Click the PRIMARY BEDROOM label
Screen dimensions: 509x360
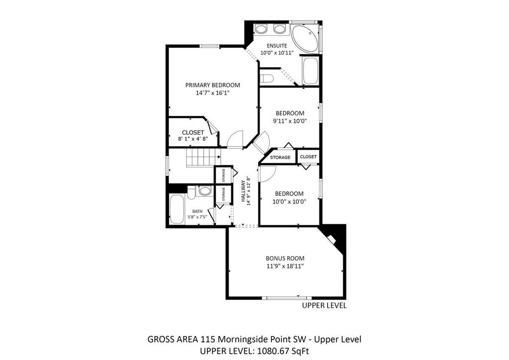(x=213, y=85)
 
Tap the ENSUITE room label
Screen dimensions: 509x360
(x=277, y=46)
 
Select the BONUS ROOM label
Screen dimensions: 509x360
(x=285, y=259)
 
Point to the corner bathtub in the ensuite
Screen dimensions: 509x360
(x=305, y=38)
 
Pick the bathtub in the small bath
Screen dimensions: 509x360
(x=176, y=209)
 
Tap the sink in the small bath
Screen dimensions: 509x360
(x=205, y=190)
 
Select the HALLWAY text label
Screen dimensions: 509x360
(x=243, y=191)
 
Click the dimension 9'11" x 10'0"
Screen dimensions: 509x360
(x=290, y=121)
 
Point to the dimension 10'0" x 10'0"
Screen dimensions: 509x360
(x=289, y=201)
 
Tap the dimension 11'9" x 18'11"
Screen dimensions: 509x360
(x=285, y=266)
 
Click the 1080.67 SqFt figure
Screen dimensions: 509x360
(x=282, y=351)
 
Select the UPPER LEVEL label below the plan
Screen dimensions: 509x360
(x=324, y=305)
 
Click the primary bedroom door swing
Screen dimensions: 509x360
(x=235, y=140)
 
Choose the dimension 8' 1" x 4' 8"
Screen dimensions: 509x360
(x=193, y=139)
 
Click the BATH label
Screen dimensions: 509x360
(x=197, y=211)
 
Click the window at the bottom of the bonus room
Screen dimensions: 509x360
(x=287, y=297)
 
